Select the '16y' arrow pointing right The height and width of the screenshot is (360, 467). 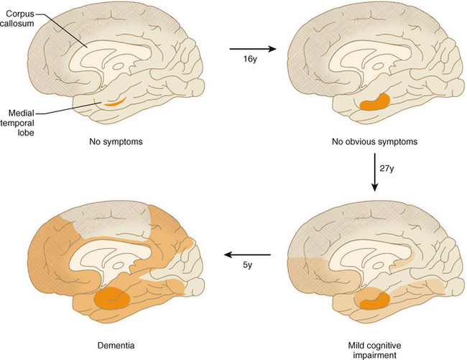(x=251, y=49)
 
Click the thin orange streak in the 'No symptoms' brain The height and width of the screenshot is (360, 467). (x=115, y=101)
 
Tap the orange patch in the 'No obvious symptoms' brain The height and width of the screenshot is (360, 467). (x=374, y=102)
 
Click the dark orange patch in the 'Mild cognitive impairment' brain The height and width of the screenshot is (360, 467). (x=374, y=297)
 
